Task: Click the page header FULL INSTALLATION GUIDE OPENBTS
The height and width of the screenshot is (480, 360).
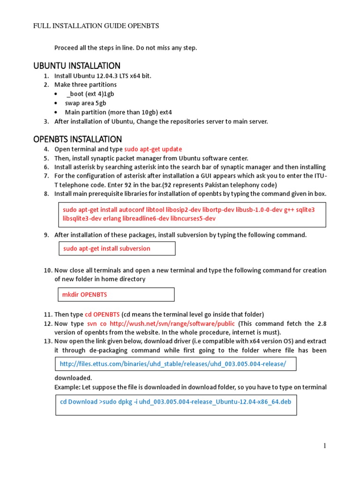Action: [x=96, y=26]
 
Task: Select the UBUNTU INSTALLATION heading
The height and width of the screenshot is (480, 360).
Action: [x=77, y=66]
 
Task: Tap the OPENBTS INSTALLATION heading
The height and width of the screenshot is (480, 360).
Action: [x=77, y=139]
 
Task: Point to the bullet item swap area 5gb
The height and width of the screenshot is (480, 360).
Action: [x=85, y=103]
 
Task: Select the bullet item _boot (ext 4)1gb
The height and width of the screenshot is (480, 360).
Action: [x=90, y=94]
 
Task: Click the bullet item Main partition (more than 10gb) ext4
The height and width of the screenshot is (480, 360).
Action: [x=118, y=112]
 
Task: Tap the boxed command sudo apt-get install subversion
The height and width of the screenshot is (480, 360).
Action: [x=107, y=248]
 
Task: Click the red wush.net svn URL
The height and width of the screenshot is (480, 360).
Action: [x=173, y=324]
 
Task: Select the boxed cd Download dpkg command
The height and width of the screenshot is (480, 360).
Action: [x=172, y=402]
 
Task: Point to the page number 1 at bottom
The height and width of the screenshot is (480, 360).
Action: [x=324, y=446]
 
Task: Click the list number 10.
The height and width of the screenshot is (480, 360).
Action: [x=47, y=270]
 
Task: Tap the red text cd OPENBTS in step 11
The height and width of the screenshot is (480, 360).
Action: [x=102, y=314]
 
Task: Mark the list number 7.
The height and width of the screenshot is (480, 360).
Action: [x=46, y=176]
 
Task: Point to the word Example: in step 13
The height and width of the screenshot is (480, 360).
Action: [x=67, y=387]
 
